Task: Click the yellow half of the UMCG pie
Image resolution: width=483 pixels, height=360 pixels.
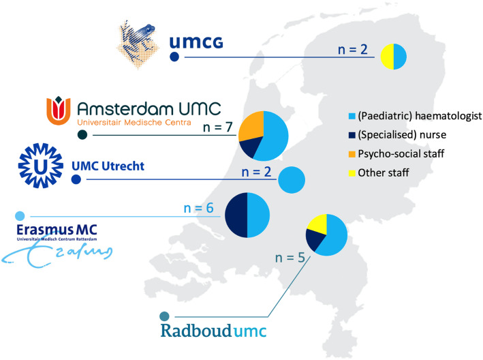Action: point(387,57)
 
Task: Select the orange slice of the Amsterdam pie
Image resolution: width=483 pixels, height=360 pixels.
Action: point(251,126)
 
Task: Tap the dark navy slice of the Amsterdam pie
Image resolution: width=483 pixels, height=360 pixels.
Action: point(250,147)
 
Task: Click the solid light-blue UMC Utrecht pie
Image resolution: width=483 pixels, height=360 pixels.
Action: point(292,180)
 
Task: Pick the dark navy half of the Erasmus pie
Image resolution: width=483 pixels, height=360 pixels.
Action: point(236,215)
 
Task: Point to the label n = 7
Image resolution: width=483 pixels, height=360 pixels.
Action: point(217,127)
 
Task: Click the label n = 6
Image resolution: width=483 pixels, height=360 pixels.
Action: point(198,208)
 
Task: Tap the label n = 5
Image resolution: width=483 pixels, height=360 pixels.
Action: point(290,258)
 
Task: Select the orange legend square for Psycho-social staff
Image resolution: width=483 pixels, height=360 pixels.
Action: point(352,154)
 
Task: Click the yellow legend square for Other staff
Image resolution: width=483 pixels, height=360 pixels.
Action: point(352,173)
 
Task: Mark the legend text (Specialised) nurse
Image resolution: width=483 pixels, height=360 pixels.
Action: point(402,135)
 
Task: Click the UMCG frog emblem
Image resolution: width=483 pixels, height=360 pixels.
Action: point(138,44)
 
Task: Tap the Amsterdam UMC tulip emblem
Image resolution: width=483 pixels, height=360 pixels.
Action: point(59,110)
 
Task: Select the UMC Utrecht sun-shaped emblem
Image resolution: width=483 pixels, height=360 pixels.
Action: point(41,166)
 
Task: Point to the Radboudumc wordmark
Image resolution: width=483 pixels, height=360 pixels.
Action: point(213,331)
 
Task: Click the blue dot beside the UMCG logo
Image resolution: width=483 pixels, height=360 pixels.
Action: point(174,57)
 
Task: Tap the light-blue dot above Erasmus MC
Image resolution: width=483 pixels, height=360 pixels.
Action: point(20,216)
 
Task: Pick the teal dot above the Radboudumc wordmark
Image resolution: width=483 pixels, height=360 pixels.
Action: point(164,316)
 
